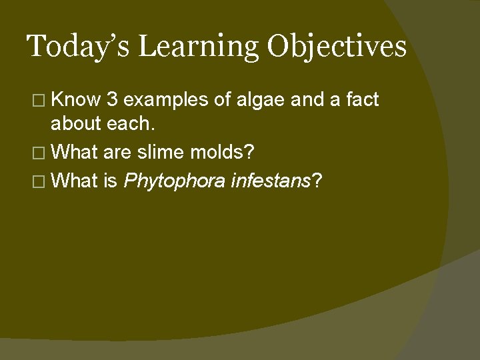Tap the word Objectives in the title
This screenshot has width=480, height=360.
click(x=337, y=47)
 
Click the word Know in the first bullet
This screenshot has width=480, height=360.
click(x=75, y=100)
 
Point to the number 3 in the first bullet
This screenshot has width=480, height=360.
click(x=113, y=100)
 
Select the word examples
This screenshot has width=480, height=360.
click(x=167, y=100)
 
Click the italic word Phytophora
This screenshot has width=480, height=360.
click(x=175, y=180)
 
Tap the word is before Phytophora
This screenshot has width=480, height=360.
click(x=110, y=180)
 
